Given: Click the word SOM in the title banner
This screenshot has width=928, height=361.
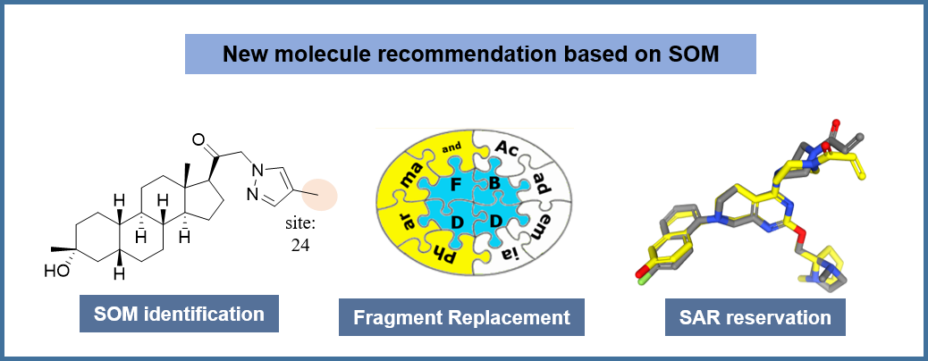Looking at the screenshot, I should pyautogui.click(x=693, y=55).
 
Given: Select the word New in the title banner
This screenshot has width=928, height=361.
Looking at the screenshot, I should pyautogui.click(x=244, y=55).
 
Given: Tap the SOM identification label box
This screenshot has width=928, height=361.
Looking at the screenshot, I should pyautogui.click(x=179, y=315).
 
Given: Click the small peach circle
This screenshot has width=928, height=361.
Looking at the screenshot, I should pyautogui.click(x=318, y=196).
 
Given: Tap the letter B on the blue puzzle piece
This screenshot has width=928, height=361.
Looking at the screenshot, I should pyautogui.click(x=494, y=184).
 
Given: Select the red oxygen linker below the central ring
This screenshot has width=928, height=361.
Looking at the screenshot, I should pyautogui.click(x=801, y=235).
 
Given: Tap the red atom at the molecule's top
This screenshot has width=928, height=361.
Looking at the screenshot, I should pyautogui.click(x=837, y=122).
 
